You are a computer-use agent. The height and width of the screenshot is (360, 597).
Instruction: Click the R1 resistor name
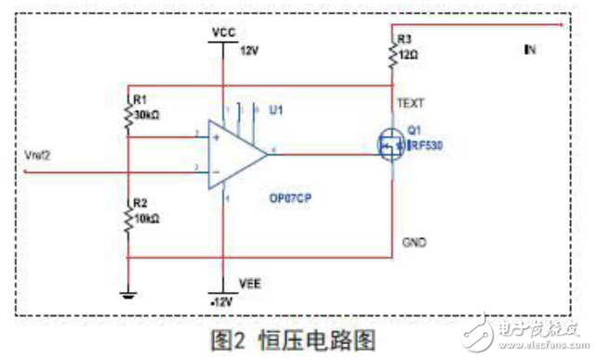139,98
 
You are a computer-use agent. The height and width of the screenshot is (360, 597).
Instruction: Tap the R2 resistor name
139,202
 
